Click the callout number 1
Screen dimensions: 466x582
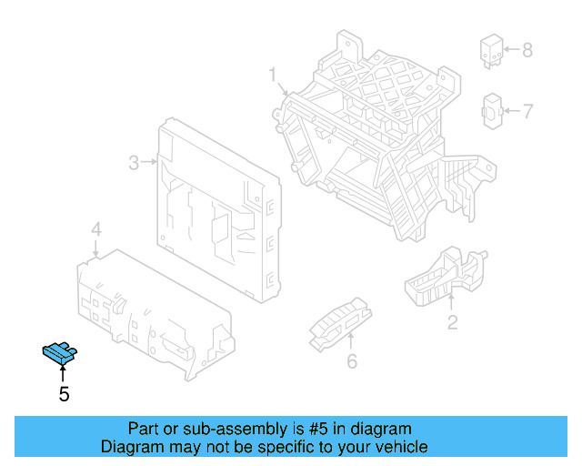(x=272, y=74)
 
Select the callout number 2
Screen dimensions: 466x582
(x=452, y=322)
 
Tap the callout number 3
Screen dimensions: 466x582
(x=133, y=163)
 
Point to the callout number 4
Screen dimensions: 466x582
(x=96, y=228)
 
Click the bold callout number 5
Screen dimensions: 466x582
(x=64, y=394)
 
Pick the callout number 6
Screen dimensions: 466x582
(x=352, y=362)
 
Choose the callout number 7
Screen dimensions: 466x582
(x=527, y=111)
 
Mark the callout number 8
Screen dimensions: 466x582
(x=527, y=50)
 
